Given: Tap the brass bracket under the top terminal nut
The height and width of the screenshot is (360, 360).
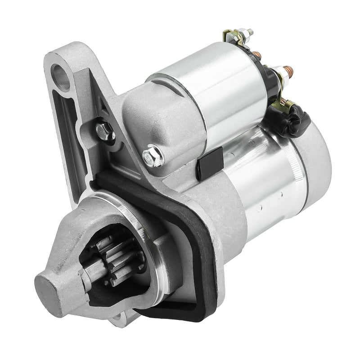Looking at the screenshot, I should (232, 36).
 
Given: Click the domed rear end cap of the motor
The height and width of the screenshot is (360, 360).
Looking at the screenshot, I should (317, 153).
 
